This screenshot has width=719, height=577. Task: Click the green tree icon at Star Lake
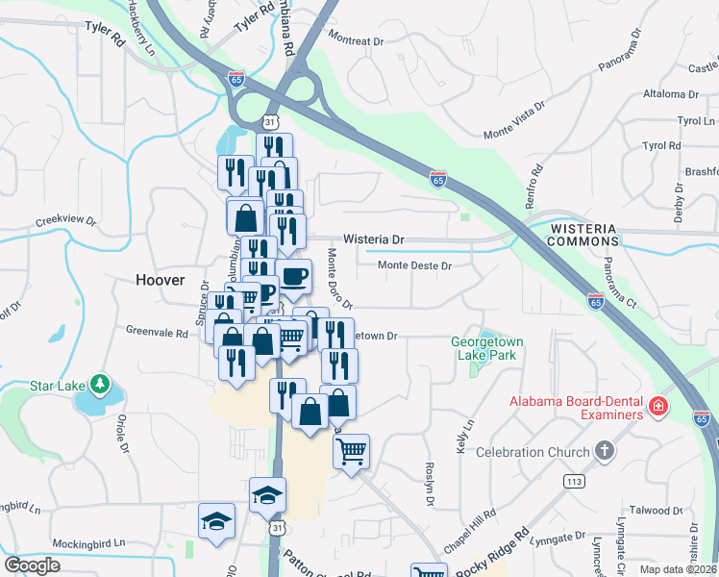(100, 386)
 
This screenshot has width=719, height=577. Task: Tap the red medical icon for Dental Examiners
(657, 407)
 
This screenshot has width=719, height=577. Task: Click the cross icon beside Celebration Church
(604, 450)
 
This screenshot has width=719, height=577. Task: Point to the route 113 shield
(576, 481)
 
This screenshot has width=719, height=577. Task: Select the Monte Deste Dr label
(414, 265)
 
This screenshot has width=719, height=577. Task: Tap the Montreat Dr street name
(356, 41)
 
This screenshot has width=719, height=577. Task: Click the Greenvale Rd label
(157, 332)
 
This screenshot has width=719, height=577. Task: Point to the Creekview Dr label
(66, 220)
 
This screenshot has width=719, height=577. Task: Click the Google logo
(32, 565)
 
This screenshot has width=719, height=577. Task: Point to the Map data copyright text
(678, 569)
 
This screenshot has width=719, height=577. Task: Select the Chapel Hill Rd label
(470, 523)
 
